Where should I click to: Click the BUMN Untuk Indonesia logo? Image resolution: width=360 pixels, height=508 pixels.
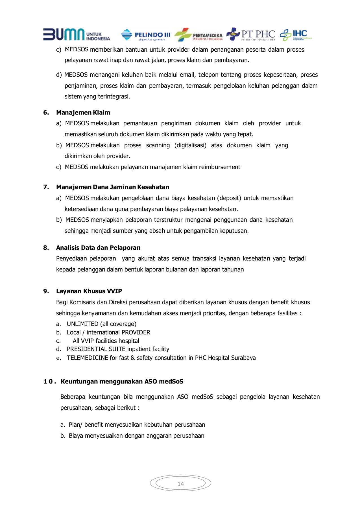(x=76, y=34)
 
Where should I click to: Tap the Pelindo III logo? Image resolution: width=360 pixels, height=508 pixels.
(x=145, y=35)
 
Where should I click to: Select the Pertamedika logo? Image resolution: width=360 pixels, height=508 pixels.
(x=198, y=35)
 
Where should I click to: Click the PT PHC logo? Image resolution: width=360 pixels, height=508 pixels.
(x=251, y=34)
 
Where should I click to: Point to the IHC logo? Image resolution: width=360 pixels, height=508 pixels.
(x=295, y=34)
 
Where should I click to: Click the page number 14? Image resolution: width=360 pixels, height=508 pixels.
(x=180, y=484)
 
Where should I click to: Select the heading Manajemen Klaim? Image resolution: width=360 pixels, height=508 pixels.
(x=83, y=112)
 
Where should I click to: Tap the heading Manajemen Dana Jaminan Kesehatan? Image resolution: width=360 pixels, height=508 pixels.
(x=112, y=187)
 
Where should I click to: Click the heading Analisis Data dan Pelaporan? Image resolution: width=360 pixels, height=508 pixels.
(x=98, y=248)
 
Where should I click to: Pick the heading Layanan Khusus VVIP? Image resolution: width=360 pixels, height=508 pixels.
(x=89, y=291)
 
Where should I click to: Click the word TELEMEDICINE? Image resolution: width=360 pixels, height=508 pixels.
(x=87, y=358)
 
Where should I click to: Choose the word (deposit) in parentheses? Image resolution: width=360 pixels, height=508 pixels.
(x=229, y=198)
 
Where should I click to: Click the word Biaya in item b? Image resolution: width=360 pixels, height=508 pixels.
(x=76, y=435)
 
